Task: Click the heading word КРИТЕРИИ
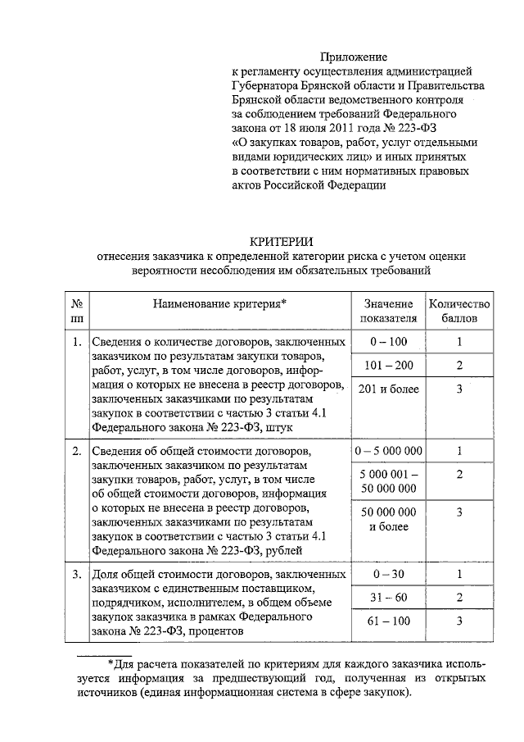click(281, 240)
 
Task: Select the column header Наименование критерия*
click(219, 304)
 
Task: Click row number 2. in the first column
click(76, 451)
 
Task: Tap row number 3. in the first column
click(76, 574)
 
